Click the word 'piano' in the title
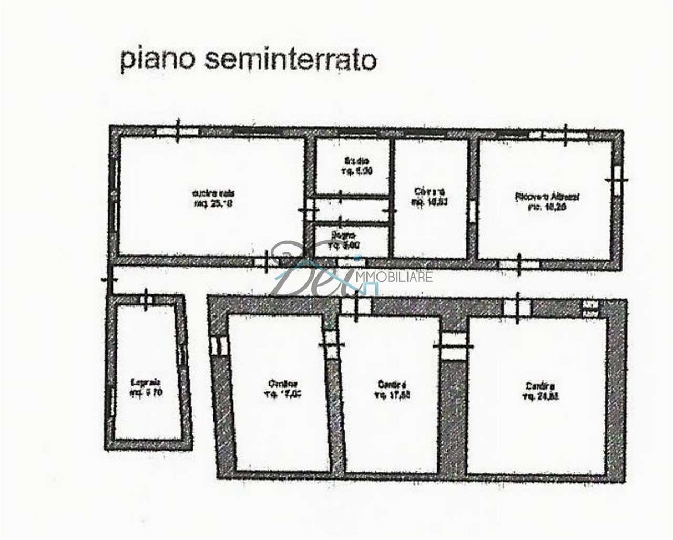[x=156, y=60]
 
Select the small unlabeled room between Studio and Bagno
[x=351, y=210]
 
